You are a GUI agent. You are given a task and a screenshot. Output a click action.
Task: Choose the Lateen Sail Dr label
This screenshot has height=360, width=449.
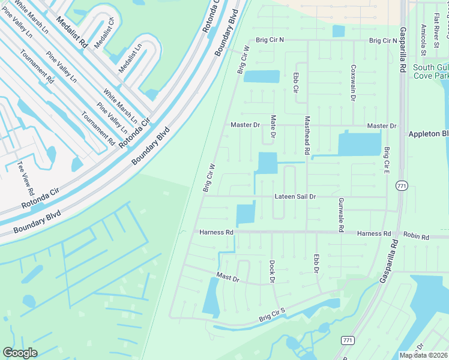(295, 196)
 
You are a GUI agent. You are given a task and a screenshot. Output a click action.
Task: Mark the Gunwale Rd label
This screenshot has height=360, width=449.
(340, 215)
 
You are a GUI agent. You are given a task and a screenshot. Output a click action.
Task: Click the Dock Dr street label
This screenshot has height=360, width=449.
(272, 271)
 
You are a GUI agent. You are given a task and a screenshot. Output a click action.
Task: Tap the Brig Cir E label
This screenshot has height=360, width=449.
(387, 160)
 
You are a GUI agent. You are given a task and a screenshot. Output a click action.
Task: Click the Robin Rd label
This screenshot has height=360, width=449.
(416, 236)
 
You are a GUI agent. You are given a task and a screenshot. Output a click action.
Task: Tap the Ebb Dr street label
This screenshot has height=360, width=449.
(316, 264)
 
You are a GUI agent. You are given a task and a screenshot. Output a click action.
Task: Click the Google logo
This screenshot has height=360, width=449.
(20, 353)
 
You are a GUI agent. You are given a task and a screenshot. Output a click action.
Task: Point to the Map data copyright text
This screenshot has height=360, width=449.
(423, 355)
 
